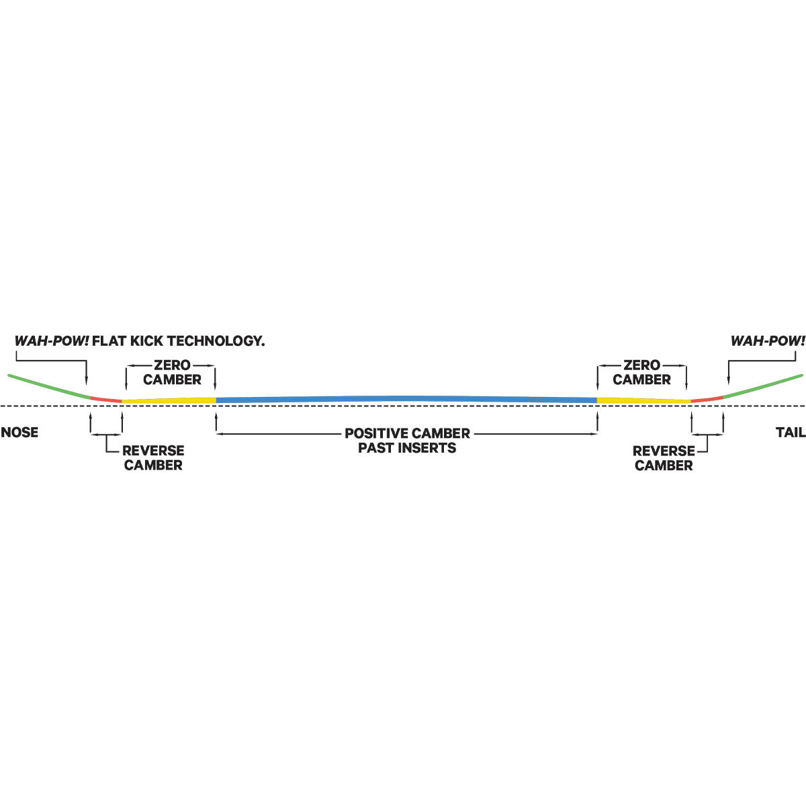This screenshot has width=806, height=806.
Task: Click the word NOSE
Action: tap(19, 432)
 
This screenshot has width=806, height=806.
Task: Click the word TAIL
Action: tap(791, 432)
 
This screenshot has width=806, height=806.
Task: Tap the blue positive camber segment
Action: tap(406, 399)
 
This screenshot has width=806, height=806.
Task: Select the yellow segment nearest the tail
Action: tap(644, 401)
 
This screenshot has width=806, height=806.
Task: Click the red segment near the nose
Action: tap(106, 399)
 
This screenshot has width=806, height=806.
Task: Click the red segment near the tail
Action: tap(707, 399)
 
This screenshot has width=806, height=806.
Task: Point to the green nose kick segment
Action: tap(49, 386)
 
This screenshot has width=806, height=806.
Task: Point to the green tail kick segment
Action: tap(763, 386)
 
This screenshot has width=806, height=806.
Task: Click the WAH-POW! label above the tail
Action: tap(768, 341)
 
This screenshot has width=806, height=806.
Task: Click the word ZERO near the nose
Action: tap(173, 365)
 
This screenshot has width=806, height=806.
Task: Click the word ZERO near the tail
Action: tap(642, 365)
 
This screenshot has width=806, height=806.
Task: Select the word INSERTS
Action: tap(427, 448)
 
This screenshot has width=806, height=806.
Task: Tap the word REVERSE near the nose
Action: tap(153, 451)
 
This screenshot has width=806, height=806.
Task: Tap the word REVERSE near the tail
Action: tap(664, 451)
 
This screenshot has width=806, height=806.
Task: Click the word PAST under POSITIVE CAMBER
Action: tap(376, 448)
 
